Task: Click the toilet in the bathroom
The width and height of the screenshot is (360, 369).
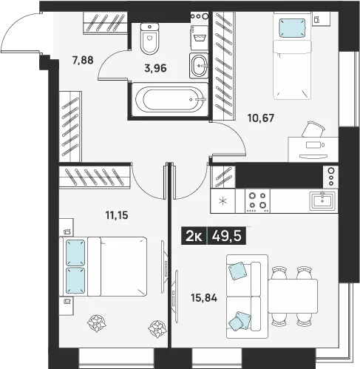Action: (149, 38)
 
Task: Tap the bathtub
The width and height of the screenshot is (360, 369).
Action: (170, 100)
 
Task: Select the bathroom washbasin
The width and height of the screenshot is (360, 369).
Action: (199, 66)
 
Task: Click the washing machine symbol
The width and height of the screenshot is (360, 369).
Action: (199, 38)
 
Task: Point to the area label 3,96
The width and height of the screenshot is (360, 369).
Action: (155, 68)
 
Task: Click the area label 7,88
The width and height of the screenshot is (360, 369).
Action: (83, 60)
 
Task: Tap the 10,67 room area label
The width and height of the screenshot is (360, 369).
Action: (261, 118)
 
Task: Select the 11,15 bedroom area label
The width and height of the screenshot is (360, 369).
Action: (117, 215)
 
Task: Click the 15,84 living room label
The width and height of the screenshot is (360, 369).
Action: (204, 298)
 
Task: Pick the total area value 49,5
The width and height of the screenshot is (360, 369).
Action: (227, 236)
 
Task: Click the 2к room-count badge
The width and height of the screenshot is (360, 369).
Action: (194, 236)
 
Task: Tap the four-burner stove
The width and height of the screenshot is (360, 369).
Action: (257, 201)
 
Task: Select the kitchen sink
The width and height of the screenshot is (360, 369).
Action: (322, 201)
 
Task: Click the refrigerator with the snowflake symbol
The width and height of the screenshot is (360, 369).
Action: (223, 201)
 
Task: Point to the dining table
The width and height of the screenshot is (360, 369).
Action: (293, 296)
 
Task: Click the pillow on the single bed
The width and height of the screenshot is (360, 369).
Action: (292, 29)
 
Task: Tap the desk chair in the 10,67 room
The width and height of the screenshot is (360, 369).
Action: (313, 129)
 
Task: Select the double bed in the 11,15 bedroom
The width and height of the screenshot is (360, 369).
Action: (103, 267)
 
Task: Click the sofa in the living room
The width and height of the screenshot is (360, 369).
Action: (247, 297)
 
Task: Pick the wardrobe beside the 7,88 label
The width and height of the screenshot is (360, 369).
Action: (105, 22)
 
